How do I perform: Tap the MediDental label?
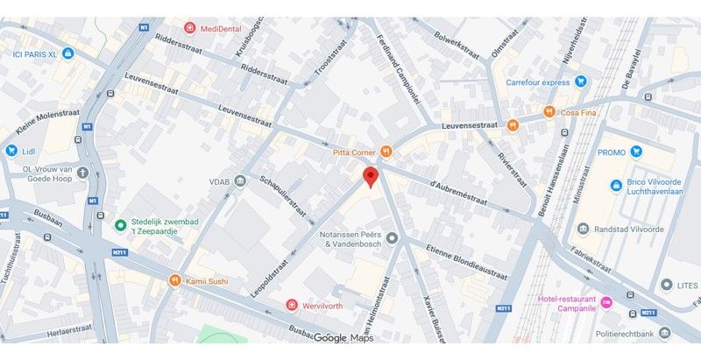tap(221, 28)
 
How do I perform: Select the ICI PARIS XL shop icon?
tap(69, 53)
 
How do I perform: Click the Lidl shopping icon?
tap(11, 151)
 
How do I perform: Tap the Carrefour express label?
tap(538, 82)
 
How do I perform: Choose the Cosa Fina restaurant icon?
tap(549, 111)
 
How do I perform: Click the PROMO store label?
tap(612, 152)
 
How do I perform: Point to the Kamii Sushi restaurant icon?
tap(174, 280)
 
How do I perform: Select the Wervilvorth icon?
tap(292, 304)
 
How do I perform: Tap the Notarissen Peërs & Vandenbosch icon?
tap(392, 237)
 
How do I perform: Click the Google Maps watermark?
tap(343, 338)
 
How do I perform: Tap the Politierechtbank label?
tap(634, 334)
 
